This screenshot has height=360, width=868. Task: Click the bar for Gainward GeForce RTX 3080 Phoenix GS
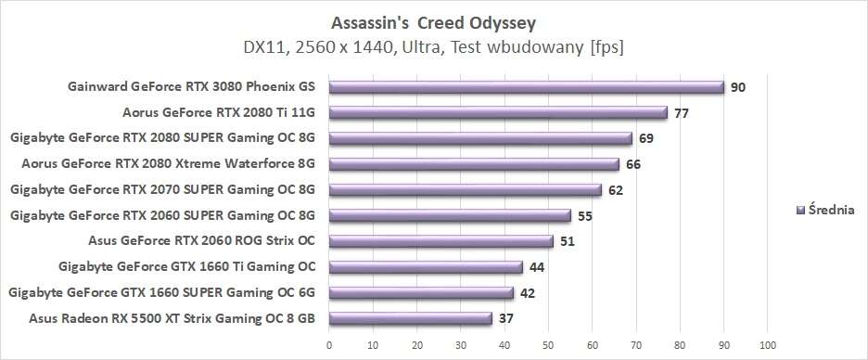pos(526,87)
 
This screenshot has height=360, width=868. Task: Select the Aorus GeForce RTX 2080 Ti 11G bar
pos(497,113)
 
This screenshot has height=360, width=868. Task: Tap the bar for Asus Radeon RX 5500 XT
pos(410,318)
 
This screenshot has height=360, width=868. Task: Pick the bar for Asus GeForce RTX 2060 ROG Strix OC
pos(440,241)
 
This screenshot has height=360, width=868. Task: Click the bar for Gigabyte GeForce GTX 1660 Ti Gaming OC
pos(426,267)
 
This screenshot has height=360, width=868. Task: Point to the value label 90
pos(738,87)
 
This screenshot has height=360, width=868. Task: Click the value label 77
pos(683,113)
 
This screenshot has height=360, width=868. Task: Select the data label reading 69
pos(647,138)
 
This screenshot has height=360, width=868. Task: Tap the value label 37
pos(507,318)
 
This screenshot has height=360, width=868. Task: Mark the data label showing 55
pos(586,215)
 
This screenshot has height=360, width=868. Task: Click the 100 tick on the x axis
pos(767,345)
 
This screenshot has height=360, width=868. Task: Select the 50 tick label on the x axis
pos(548,345)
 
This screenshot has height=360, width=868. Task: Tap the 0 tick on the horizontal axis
pos(329,345)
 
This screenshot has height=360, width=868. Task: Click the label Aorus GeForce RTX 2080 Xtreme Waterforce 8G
pos(168,164)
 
